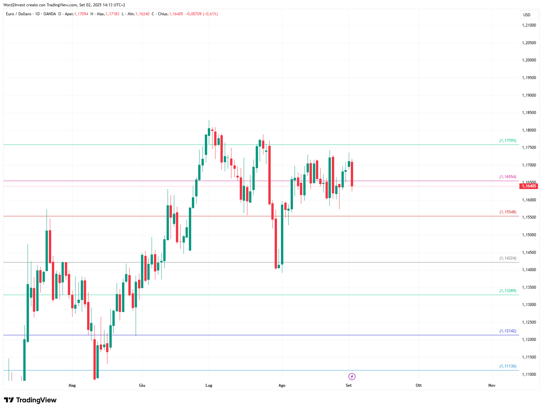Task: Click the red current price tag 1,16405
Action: point(529,186)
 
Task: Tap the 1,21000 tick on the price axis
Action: point(529,25)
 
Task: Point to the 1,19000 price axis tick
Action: point(529,95)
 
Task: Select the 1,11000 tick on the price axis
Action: point(529,375)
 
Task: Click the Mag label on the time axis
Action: point(72,385)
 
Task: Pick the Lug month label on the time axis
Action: point(209,385)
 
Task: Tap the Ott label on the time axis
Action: point(419,385)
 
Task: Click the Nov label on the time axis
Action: point(492,385)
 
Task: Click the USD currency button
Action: point(529,15)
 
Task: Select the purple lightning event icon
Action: point(352,377)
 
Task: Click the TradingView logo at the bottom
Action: point(30,400)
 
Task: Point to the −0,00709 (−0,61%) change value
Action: point(202,14)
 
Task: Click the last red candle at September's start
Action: point(352,174)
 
